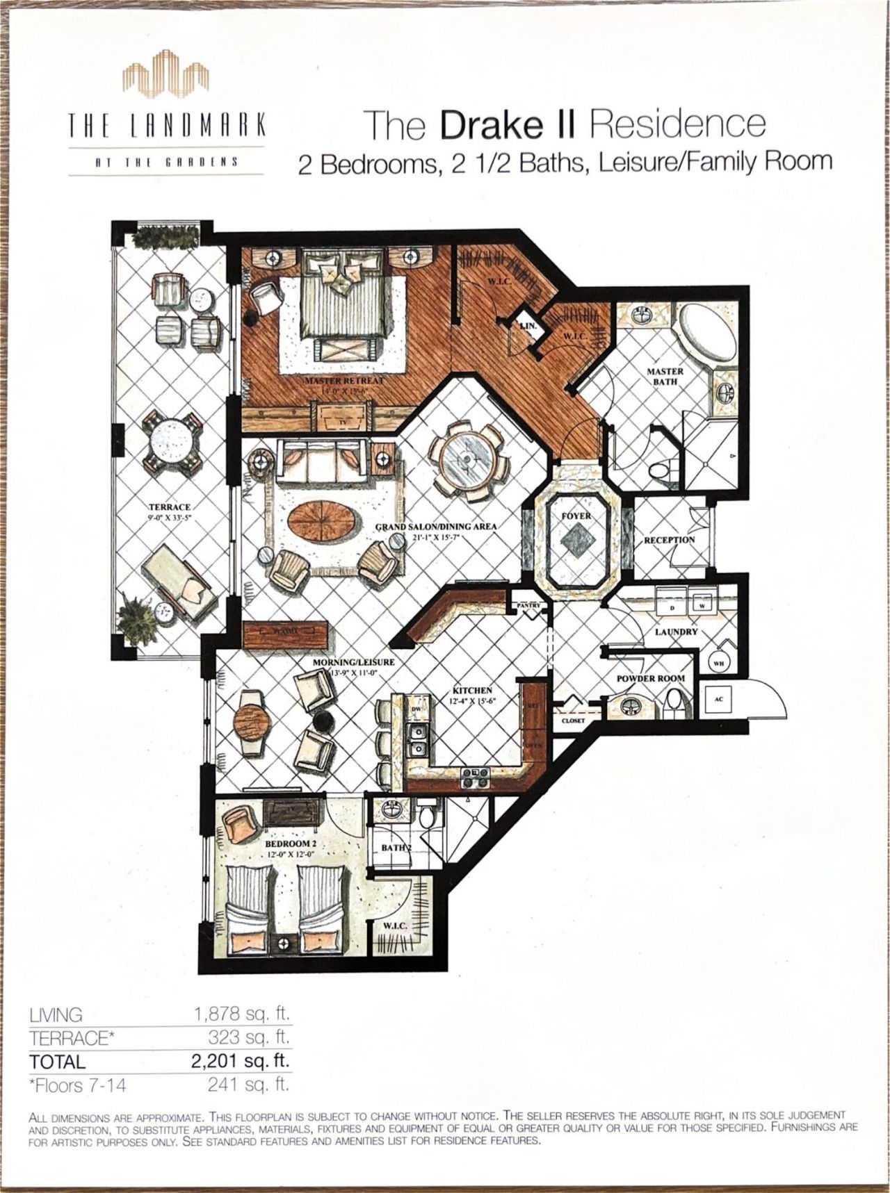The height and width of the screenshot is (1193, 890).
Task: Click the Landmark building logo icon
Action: [166, 79]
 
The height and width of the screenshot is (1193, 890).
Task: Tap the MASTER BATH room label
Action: [665, 377]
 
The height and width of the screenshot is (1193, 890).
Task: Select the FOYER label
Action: [576, 517]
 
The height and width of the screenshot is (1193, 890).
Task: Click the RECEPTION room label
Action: [669, 540]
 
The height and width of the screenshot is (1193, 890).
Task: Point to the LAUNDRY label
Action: [677, 632]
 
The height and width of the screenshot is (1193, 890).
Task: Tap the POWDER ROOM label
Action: [651, 678]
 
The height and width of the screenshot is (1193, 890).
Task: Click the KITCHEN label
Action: [473, 691]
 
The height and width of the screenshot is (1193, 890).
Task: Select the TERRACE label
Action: [170, 507]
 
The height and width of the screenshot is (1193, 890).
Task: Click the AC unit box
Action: [719, 699]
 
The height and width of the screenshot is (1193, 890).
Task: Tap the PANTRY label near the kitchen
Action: [528, 606]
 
